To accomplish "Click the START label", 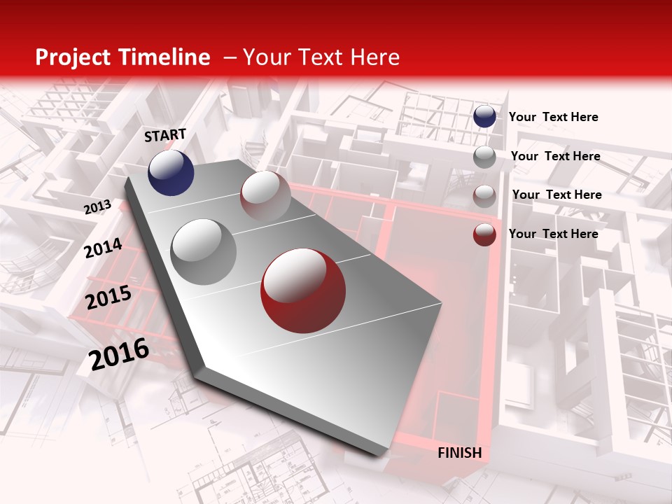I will (165, 135).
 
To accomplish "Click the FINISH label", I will (459, 453).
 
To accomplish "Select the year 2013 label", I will (97, 206).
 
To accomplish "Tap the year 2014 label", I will (104, 248).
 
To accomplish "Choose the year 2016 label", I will (119, 353).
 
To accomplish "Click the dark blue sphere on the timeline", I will (171, 172).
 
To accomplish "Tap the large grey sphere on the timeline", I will (203, 251).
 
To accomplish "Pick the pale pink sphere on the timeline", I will (265, 196).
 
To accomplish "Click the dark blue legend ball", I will (484, 116).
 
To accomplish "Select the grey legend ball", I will (484, 157).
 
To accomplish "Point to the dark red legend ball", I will (484, 234).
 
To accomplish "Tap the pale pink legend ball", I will (484, 196).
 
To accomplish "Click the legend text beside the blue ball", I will (553, 117).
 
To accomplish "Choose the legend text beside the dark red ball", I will (553, 234).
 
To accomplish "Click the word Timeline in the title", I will (166, 57).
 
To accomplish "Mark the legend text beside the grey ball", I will (555, 156).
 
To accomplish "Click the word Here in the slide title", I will (374, 57).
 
